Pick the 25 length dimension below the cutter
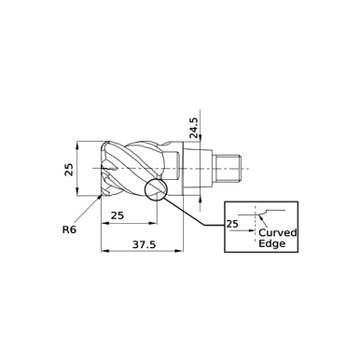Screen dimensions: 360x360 (118, 215)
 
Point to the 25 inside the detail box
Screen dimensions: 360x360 (232, 224)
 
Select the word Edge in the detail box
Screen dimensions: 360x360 (271, 244)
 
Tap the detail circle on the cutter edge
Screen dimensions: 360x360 (155, 190)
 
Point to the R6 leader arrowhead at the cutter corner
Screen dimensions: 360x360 (100, 196)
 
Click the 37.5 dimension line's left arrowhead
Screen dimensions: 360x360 (104, 252)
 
